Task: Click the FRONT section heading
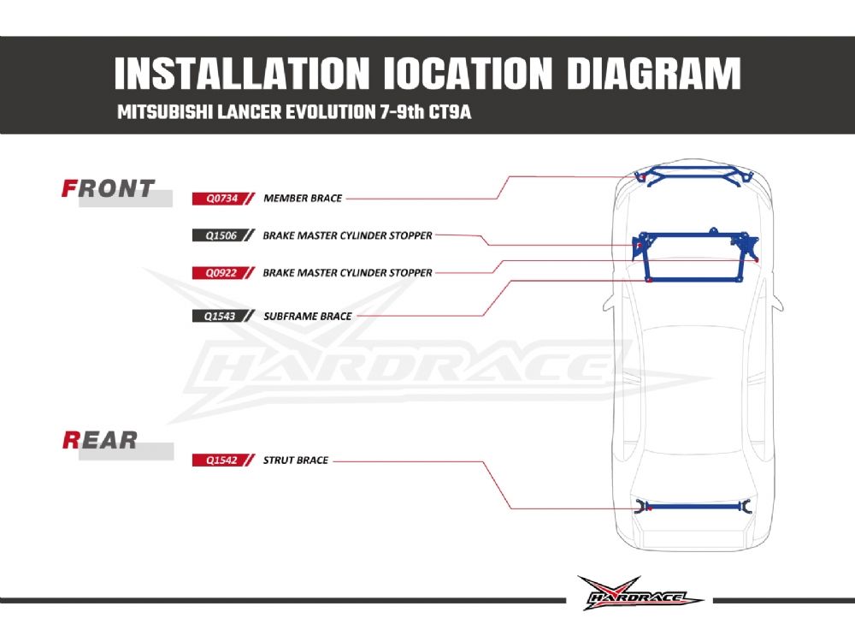[x=109, y=188]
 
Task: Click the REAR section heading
[x=100, y=440]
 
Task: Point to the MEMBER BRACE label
[x=303, y=198]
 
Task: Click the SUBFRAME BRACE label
[x=307, y=316]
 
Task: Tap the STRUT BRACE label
[x=295, y=461]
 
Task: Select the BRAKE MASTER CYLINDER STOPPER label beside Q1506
[x=347, y=235]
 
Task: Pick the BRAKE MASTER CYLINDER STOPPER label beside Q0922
[x=347, y=273]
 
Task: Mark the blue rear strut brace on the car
[x=693, y=507]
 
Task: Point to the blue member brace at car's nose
[x=693, y=177]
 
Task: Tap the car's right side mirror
[x=778, y=301]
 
